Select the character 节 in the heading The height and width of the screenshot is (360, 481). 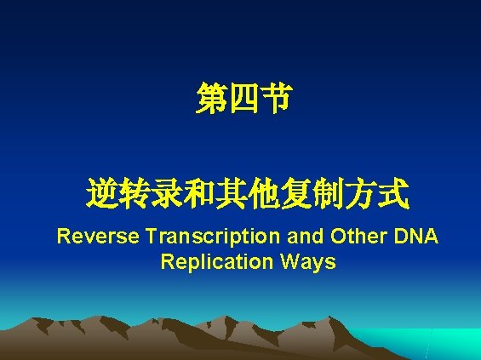[274, 100]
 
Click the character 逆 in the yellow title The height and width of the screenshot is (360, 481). [102, 196]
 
